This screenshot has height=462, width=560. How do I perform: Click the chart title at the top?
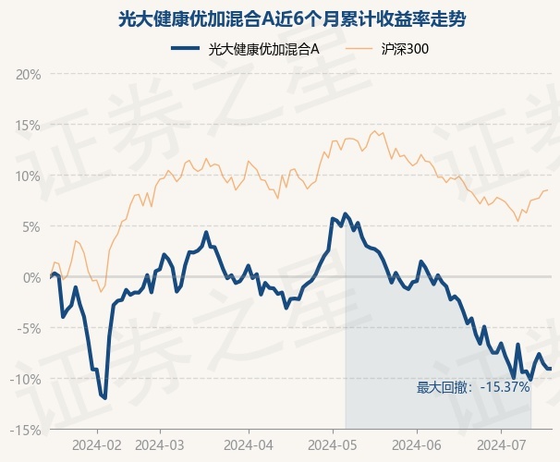pyautogui.click(x=292, y=19)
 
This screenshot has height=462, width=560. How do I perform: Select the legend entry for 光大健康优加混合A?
pyautogui.click(x=245, y=49)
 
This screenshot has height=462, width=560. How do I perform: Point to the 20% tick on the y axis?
pyautogui.click(x=29, y=75)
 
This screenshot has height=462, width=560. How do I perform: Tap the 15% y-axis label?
pyautogui.click(x=29, y=126)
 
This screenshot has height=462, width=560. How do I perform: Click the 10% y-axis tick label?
pyautogui.click(x=29, y=176)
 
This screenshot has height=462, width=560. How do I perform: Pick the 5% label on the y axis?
pyautogui.click(x=31, y=227)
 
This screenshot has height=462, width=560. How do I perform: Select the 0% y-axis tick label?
pyautogui.click(x=31, y=278)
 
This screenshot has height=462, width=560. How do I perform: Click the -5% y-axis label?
pyautogui.click(x=29, y=328)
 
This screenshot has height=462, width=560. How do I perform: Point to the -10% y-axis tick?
pyautogui.click(x=26, y=379)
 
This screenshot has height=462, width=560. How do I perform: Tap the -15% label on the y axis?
pyautogui.click(x=26, y=431)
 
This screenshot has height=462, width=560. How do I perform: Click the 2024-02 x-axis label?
pyautogui.click(x=97, y=445)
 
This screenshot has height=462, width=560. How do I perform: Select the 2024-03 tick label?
pyautogui.click(x=160, y=445)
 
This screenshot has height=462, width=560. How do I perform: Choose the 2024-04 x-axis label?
pyautogui.click(x=249, y=445)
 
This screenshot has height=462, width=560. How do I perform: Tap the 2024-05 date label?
pyautogui.click(x=333, y=445)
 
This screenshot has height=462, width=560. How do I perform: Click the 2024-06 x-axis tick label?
pyautogui.click(x=417, y=445)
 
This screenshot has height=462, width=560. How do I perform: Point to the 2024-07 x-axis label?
pyautogui.click(x=502, y=445)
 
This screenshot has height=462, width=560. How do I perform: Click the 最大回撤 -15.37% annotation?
pyautogui.click(x=473, y=387)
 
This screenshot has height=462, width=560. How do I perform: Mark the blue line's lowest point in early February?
pyautogui.click(x=105, y=397)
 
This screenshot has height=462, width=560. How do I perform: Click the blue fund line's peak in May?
pyautogui.click(x=345, y=213)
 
